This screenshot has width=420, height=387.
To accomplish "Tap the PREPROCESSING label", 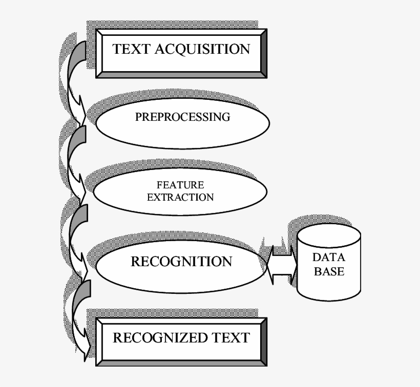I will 182,117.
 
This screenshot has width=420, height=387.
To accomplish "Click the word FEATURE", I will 180,185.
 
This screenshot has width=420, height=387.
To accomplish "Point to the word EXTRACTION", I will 180,197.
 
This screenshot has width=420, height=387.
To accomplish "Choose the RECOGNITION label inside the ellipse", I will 181,262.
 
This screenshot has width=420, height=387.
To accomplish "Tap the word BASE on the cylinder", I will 329,271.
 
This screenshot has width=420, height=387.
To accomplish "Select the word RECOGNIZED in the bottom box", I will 159,338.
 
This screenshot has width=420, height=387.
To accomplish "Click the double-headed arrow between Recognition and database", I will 282,265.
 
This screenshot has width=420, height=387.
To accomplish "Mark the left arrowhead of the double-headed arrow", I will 270,265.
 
